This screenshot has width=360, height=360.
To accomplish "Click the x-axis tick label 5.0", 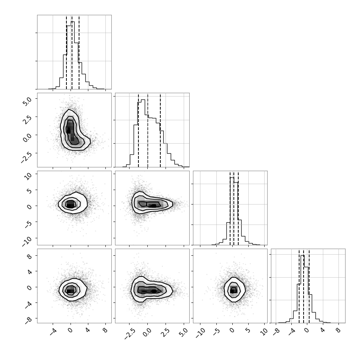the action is (183, 333).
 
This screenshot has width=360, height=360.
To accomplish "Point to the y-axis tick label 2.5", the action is (27, 120).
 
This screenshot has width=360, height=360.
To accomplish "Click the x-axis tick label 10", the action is (264, 332).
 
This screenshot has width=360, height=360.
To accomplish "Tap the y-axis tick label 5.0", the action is (27, 101).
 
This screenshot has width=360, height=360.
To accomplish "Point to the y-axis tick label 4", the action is (29, 271).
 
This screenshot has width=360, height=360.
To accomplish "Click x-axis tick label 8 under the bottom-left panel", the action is (105, 330).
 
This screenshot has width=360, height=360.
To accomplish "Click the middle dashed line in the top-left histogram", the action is (72, 52).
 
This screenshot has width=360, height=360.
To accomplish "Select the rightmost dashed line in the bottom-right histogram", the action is (309, 286).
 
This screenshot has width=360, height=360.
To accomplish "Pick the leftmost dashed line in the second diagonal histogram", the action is (138, 130).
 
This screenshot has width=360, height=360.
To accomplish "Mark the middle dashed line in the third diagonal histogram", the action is (234, 208).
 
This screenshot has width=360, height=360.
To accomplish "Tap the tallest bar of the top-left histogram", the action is (72, 55).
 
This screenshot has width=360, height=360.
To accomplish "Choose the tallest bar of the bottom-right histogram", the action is (302, 289).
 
